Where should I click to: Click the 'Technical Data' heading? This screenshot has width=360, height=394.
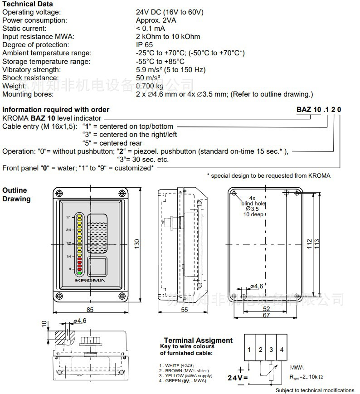pos(28,4)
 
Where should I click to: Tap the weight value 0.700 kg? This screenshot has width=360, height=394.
pos(150,86)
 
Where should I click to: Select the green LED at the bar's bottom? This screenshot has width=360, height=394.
pos(79,273)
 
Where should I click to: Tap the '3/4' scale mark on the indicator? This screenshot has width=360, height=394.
pos(69,230)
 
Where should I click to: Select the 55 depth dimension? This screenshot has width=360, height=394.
pos(185,310)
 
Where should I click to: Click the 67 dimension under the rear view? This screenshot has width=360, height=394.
pos(266,316)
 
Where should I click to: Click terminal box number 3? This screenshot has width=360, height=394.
pos(271,350)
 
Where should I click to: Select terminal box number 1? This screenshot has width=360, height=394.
pos(249,350)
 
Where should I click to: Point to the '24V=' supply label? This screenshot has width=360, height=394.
pos(237,377)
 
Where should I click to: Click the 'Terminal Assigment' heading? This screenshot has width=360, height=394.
pos(198,340)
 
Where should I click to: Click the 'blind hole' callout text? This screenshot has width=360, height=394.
pos(253,204)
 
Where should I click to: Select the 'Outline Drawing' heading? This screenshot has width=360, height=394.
pos(16,195)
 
